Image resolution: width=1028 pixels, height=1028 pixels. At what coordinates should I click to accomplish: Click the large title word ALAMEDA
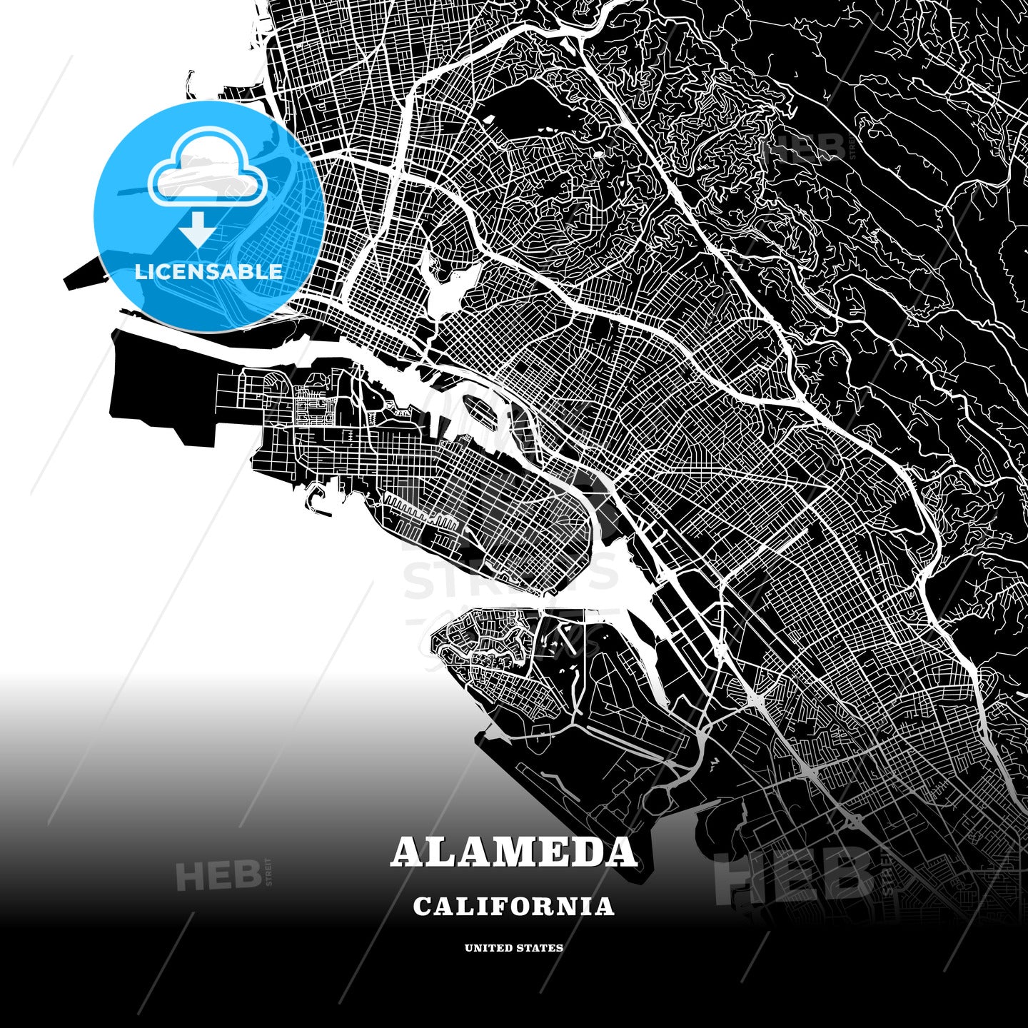(x=513, y=852)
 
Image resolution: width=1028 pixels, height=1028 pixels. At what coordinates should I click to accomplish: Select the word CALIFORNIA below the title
(x=513, y=907)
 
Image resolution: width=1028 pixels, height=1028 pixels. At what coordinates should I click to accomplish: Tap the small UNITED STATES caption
(x=513, y=948)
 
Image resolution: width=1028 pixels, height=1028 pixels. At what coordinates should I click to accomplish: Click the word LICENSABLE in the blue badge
(x=208, y=272)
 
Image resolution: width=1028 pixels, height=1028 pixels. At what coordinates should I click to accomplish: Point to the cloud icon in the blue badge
(x=207, y=171)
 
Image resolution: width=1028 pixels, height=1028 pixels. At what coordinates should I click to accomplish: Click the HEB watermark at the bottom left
(x=218, y=876)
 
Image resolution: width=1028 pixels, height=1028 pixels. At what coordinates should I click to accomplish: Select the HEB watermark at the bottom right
(x=792, y=875)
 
